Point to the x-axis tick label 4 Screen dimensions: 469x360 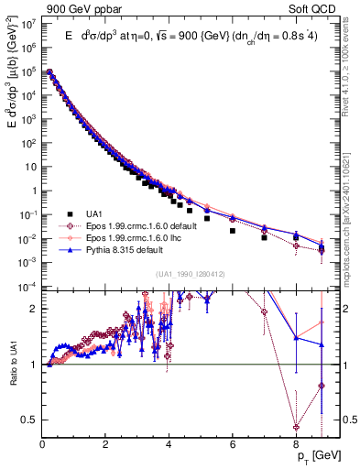(x=169, y=445)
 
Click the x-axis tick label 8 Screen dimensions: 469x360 (x=296, y=445)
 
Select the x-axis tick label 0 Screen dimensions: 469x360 (x=43, y=445)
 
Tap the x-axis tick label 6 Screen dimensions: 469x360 (x=233, y=445)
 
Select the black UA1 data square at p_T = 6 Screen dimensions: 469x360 (x=233, y=231)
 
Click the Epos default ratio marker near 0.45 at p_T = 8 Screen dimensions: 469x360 (x=296, y=427)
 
